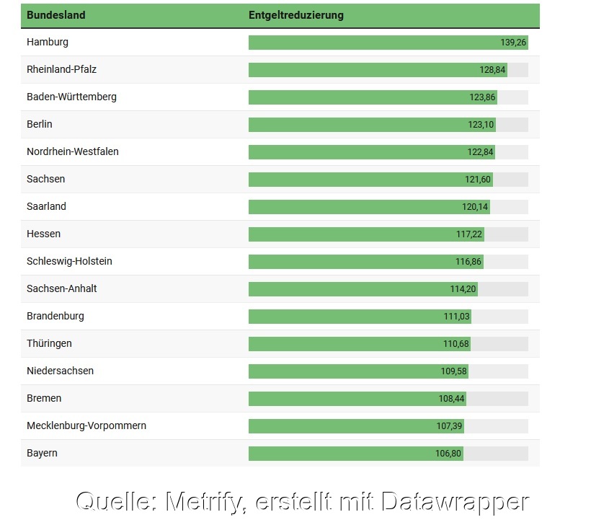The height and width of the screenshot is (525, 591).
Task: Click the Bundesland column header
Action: [55, 15]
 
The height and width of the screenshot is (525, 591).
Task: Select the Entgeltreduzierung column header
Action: [296, 15]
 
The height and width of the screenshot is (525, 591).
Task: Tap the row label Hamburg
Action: [48, 42]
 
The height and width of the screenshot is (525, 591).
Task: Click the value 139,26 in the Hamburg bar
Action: [514, 43]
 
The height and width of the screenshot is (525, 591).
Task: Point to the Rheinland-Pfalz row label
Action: [61, 69]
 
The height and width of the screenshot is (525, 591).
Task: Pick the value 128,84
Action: [493, 70]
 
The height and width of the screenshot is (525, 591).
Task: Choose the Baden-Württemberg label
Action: [71, 97]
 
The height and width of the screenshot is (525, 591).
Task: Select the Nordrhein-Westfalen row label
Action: [73, 151]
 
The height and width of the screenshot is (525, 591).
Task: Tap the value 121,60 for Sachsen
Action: [478, 180]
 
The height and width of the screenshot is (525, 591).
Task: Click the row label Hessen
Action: [43, 234]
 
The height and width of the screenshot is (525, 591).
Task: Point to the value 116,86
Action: [468, 262]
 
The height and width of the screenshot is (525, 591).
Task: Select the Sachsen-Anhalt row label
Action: [62, 288]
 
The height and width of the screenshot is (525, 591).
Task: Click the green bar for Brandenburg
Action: [346, 317]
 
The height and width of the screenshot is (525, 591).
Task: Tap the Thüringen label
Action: [49, 343]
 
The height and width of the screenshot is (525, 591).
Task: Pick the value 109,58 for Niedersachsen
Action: [454, 371]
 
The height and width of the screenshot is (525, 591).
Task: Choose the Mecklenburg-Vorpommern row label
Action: [86, 425]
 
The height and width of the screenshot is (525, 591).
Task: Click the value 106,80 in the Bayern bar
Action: [449, 454]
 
